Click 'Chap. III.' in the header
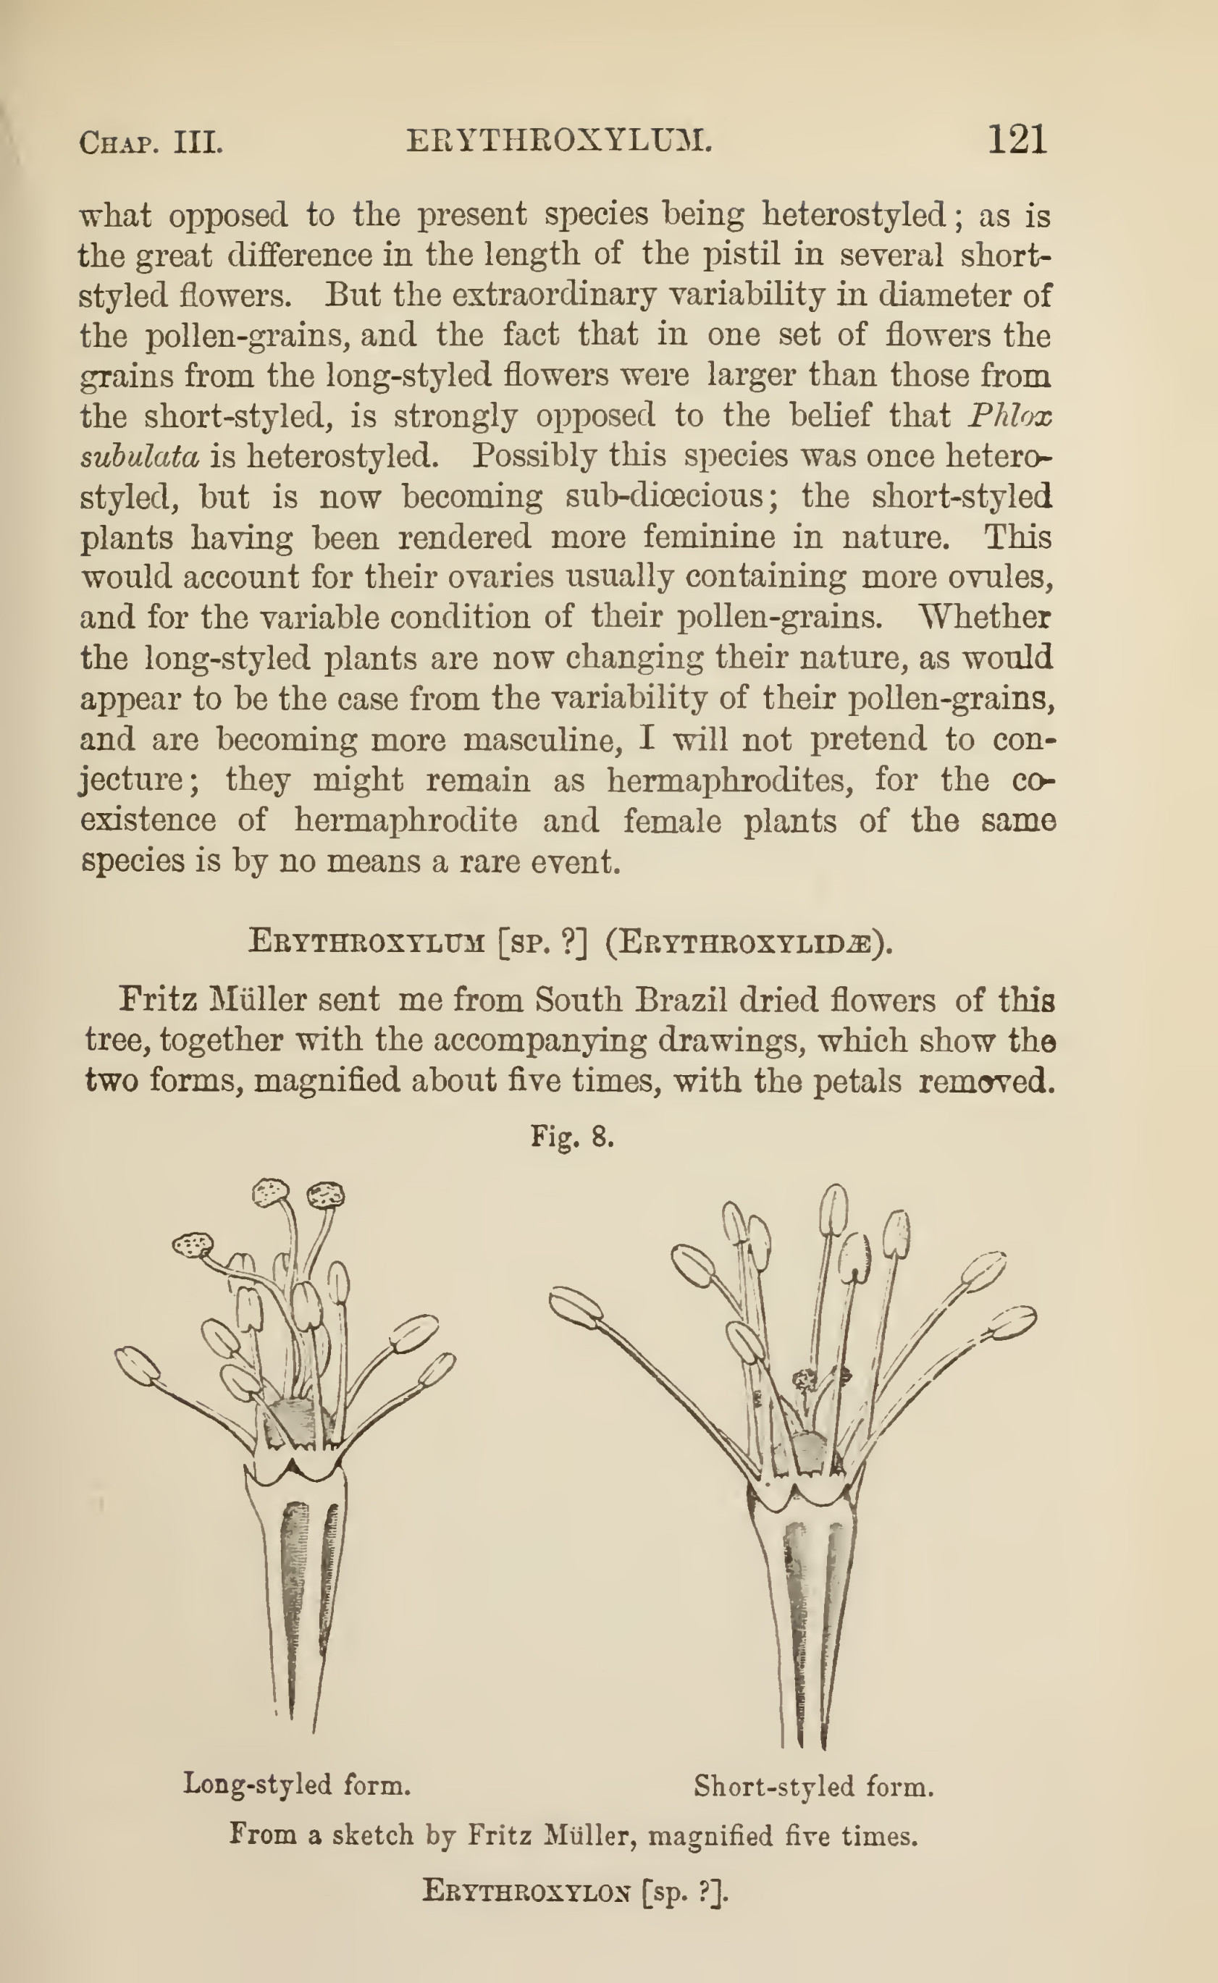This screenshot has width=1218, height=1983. coord(151,143)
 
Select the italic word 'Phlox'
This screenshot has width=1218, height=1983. coord(1010,416)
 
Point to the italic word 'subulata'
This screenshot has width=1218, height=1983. coord(139,457)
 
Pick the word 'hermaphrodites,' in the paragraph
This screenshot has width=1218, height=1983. coord(730,780)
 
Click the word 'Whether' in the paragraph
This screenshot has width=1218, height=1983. coord(986,617)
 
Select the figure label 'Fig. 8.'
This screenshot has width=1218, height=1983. coord(573,1137)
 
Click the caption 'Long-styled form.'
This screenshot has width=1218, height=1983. coord(296,1784)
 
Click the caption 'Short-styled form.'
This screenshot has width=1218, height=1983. coord(814,1787)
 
